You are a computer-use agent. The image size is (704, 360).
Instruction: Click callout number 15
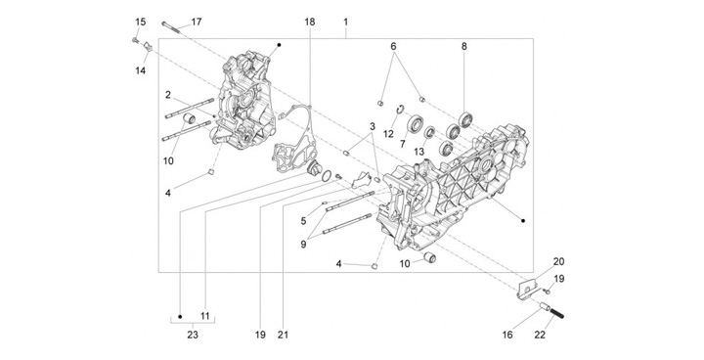pyautogui.click(x=141, y=22)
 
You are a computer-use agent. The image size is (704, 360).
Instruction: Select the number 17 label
pyautogui.click(x=197, y=22)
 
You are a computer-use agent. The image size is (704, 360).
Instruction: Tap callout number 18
pyautogui.click(x=309, y=22)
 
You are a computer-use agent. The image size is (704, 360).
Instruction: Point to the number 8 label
pyautogui.click(x=463, y=46)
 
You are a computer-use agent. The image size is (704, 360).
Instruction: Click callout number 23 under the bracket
pyautogui.click(x=193, y=335)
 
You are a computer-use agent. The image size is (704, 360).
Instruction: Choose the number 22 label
pyautogui.click(x=540, y=335)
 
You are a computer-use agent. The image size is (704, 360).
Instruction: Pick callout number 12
pyautogui.click(x=388, y=134)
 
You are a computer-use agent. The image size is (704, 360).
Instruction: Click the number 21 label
pyautogui.click(x=283, y=335)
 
